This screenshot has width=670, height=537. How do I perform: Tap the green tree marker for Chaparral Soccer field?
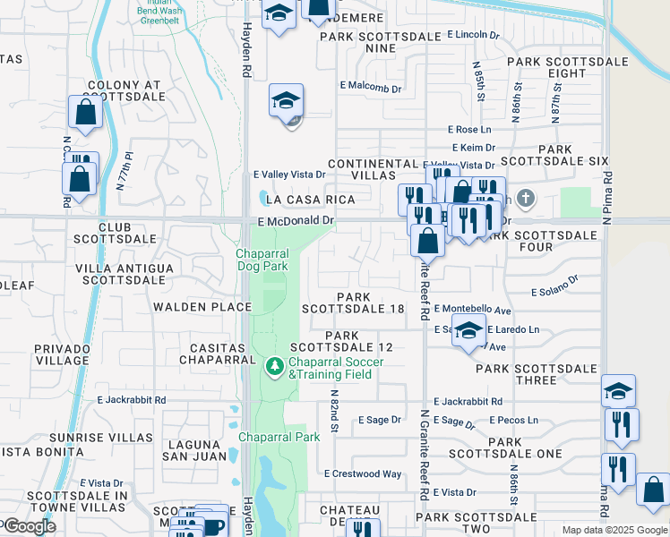coord(273,367)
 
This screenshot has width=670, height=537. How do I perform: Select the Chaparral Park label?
coord(279,438)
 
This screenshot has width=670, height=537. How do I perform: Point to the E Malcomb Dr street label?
coord(371,86)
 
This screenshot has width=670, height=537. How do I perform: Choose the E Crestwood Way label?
coord(363,473)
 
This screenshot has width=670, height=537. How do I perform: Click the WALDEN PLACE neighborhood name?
coord(202,307)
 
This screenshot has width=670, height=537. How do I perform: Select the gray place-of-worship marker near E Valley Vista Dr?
coord(525,198)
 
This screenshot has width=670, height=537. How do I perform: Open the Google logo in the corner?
coord(29,526)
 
